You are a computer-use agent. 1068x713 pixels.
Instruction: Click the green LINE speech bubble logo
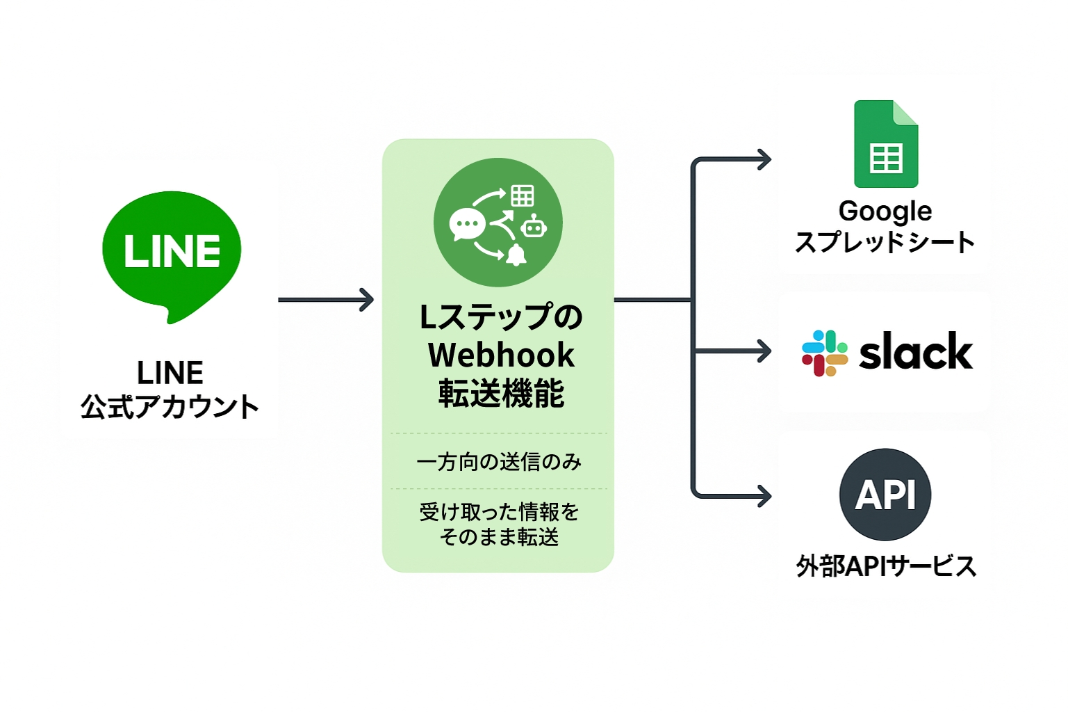(172, 252)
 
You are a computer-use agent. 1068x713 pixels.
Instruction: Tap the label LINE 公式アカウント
(170, 390)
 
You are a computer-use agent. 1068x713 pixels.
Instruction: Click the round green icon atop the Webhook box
(498, 223)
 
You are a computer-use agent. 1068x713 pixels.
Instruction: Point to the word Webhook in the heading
(501, 355)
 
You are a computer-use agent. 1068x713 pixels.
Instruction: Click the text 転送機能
(501, 394)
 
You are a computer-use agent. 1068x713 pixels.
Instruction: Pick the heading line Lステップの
(501, 317)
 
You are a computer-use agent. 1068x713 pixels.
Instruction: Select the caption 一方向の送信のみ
(499, 462)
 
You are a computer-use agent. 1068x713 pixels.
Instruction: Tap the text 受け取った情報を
(499, 512)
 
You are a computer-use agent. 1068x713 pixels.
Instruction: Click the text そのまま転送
(499, 537)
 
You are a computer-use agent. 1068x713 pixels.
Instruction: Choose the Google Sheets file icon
(886, 144)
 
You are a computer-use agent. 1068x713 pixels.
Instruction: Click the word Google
(885, 211)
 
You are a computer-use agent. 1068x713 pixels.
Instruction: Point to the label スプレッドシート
(885, 243)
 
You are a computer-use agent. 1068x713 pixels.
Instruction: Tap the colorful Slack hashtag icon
(825, 353)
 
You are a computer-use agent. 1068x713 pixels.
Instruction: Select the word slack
(916, 352)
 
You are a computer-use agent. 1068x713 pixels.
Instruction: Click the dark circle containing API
(885, 495)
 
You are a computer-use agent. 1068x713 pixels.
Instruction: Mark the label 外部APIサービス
(886, 566)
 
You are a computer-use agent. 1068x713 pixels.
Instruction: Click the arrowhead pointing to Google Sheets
(765, 160)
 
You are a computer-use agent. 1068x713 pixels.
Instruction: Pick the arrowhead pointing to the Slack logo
(765, 351)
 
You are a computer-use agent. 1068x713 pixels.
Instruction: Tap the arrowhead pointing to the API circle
(765, 496)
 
